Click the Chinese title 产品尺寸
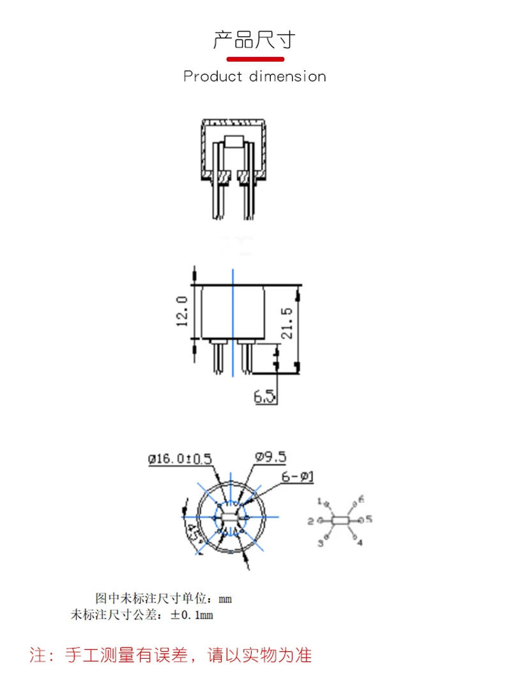click(254, 40)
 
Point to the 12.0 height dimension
click(181, 311)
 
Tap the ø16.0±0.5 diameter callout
click(179, 459)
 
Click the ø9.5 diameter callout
click(270, 457)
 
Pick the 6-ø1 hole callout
click(298, 477)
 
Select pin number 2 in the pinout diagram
click(310, 521)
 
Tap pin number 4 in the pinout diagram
click(360, 543)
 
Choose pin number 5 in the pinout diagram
click(369, 520)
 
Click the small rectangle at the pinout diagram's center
click(340, 521)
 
